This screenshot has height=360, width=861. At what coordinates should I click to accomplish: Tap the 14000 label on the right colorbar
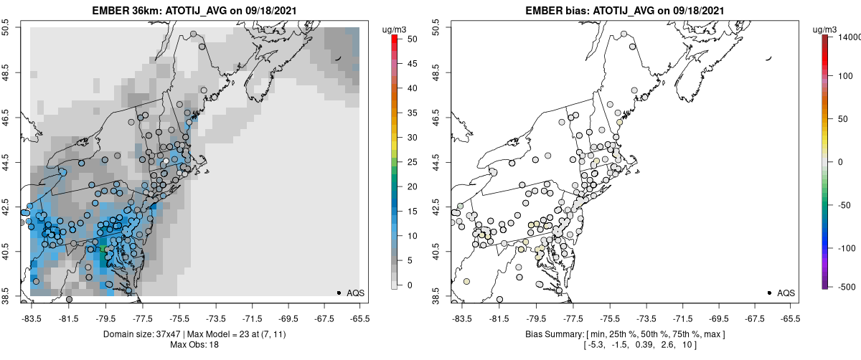[849, 36]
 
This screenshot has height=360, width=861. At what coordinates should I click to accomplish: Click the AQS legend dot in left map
[339, 293]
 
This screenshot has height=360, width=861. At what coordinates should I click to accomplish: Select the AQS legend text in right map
[786, 293]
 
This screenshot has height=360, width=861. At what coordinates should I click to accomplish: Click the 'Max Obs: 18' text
[194, 345]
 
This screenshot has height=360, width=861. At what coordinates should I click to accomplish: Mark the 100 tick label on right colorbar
[847, 75]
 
